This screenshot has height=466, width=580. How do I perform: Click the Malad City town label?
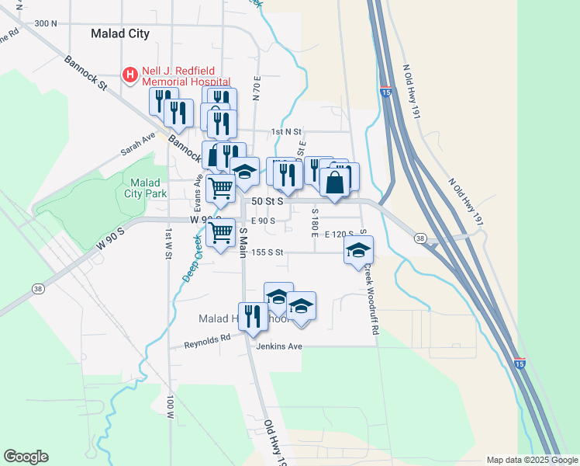click(119, 33)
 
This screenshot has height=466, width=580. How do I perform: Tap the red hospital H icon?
click(130, 75)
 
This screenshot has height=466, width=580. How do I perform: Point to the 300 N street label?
click(46, 23)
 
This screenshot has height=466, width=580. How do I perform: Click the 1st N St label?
click(285, 132)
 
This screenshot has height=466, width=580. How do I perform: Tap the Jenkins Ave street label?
click(279, 346)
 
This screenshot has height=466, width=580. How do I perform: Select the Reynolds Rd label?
click(208, 339)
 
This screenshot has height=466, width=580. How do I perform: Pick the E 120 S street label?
click(339, 233)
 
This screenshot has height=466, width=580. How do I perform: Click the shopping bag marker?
click(335, 183)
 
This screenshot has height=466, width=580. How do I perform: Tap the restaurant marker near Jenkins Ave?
click(253, 315)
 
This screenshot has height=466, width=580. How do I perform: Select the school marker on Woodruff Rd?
click(358, 250)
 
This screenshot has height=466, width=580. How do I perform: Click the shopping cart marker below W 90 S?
click(222, 232)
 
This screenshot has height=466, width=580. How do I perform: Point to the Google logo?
click(26, 457)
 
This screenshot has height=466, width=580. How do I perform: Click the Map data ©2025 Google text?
click(531, 460)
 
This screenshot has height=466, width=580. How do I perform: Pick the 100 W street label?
click(168, 407)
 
